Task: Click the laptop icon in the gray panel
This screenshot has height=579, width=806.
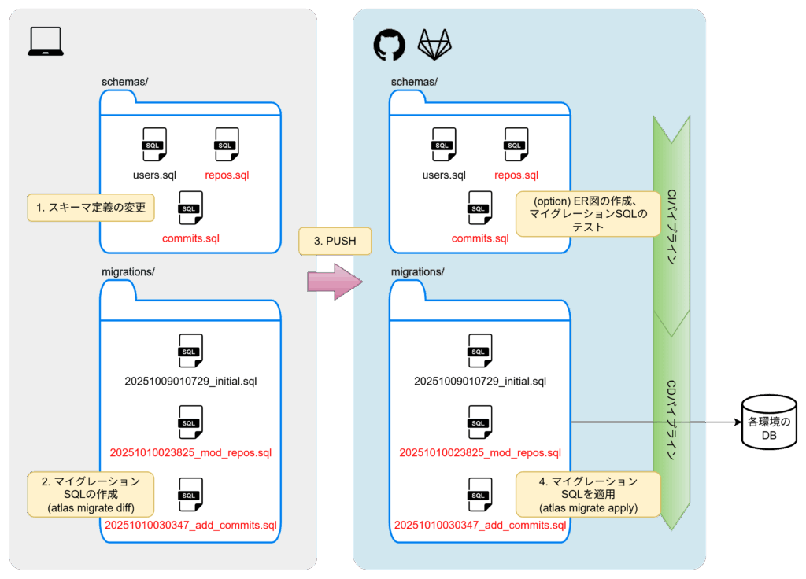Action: [46, 42]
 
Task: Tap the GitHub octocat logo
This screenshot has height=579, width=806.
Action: [389, 46]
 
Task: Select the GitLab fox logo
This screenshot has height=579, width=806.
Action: [434, 46]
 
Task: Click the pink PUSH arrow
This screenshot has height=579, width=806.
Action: [333, 282]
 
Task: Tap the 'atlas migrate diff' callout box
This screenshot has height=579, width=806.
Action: [91, 494]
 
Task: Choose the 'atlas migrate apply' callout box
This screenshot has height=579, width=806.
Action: [589, 494]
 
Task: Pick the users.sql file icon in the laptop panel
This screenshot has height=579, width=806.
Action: [154, 145]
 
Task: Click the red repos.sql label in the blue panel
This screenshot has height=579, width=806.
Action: [516, 175]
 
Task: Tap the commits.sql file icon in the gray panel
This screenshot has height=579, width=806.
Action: [190, 208]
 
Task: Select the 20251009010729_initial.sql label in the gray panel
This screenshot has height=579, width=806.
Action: [190, 382]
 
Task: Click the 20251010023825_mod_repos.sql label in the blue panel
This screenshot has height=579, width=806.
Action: [480, 452]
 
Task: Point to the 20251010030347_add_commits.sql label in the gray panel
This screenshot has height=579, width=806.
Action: [190, 525]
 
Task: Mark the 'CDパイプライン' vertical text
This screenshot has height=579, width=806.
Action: [672, 421]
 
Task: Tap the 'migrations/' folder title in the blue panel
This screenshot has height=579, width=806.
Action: [418, 272]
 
